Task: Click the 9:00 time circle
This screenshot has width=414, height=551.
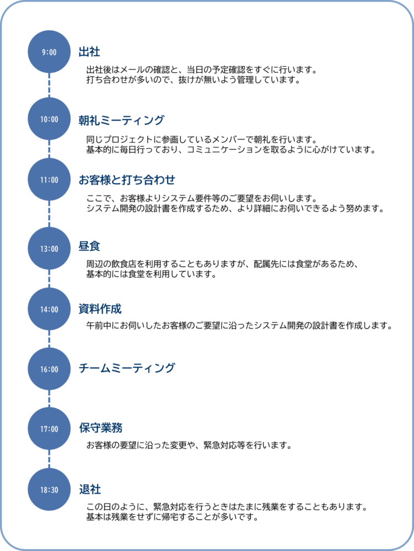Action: pyautogui.click(x=49, y=52)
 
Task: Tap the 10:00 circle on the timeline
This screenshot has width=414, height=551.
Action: pyautogui.click(x=49, y=119)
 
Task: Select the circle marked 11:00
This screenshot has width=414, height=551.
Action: pyautogui.click(x=49, y=180)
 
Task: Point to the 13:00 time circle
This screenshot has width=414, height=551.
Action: pyautogui.click(x=49, y=249)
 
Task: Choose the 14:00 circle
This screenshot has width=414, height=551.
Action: pyautogui.click(x=49, y=309)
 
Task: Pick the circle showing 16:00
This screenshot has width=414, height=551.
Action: pyautogui.click(x=49, y=369)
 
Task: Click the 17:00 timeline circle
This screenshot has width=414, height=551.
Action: pyautogui.click(x=49, y=429)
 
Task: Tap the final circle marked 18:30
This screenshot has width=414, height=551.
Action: pyautogui.click(x=49, y=489)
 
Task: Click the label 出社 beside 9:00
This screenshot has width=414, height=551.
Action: pyautogui.click(x=89, y=52)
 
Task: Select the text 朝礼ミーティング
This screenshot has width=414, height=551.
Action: pyautogui.click(x=121, y=120)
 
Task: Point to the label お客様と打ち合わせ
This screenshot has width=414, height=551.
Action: pyautogui.click(x=127, y=180)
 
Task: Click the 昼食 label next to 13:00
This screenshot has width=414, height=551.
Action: pyautogui.click(x=89, y=247)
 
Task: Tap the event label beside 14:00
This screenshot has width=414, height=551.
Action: pyautogui.click(x=100, y=309)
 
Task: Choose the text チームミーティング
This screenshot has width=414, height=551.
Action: pyautogui.click(x=127, y=368)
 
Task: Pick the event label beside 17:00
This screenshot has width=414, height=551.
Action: pyautogui.click(x=100, y=428)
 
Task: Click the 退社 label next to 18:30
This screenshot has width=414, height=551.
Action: pyautogui.click(x=90, y=489)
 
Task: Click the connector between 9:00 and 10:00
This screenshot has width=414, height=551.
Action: pyautogui.click(x=49, y=85)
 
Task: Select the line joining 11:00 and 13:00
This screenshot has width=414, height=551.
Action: pyautogui.click(x=49, y=214)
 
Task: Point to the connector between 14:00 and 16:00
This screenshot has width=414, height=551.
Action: pyautogui.click(x=49, y=339)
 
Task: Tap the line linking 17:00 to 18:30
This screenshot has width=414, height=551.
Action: pyautogui.click(x=49, y=459)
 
